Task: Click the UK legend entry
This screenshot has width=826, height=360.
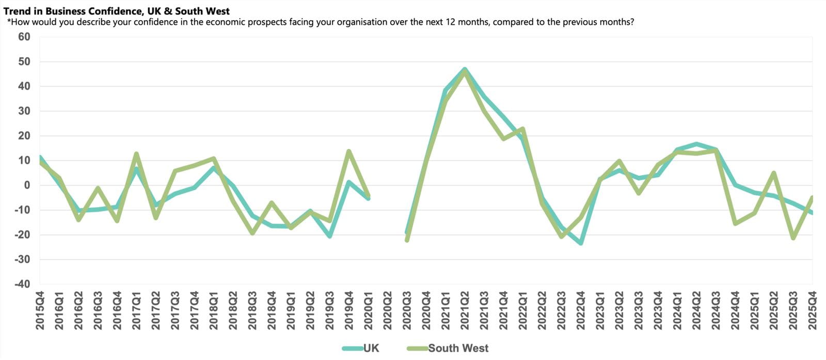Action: coord(371,348)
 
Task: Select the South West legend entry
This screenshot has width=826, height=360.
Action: coord(457,348)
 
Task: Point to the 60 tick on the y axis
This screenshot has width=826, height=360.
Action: coord(24,37)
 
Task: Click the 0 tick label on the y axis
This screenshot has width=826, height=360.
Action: coord(27,185)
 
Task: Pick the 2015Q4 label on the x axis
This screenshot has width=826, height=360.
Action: coord(40,310)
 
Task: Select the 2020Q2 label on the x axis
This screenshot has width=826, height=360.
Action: coord(388,310)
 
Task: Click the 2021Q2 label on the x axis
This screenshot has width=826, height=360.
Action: coord(465,310)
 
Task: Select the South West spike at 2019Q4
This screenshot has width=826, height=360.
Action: coord(349,151)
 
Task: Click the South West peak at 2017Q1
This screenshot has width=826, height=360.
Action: coord(136,153)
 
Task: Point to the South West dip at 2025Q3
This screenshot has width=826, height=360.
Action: coord(793,238)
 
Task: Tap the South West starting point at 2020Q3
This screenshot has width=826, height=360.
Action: coord(407,240)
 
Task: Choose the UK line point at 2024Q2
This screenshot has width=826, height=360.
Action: coord(696,144)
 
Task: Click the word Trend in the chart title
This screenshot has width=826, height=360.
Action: coord(16,11)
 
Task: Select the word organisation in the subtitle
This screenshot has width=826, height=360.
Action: coord(326,22)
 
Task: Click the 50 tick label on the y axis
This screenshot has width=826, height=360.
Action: coord(24,61)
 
